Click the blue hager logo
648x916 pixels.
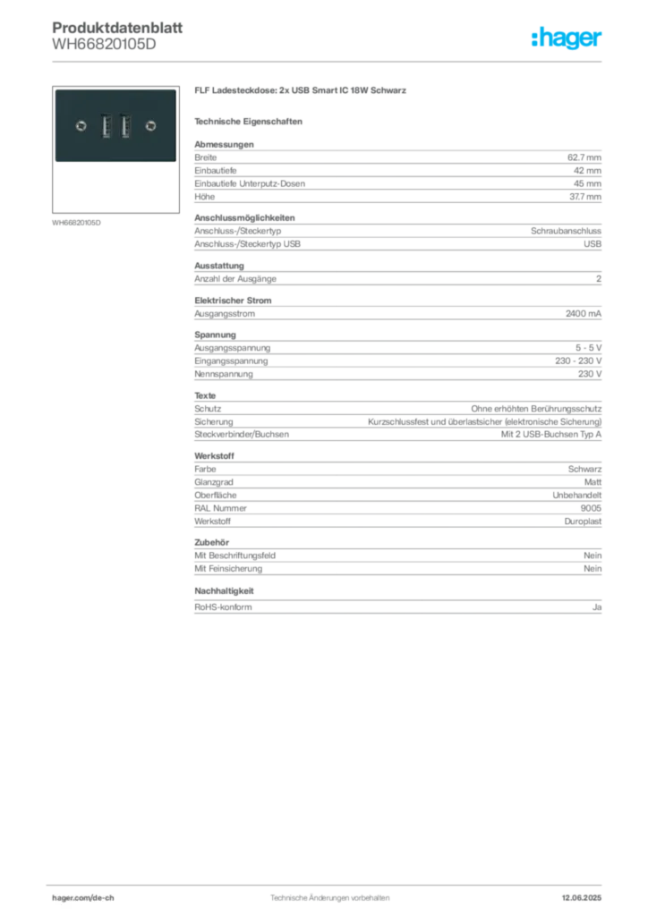point(567,39)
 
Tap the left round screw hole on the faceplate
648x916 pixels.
point(81,126)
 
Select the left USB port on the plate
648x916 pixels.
point(106,126)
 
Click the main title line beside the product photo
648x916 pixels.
point(300,91)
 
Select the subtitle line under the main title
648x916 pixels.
point(251,120)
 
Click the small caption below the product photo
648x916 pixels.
point(79,222)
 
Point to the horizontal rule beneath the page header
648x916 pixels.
point(358,61)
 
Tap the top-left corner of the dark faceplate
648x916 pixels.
point(55,89)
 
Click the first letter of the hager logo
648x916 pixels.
point(533,38)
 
